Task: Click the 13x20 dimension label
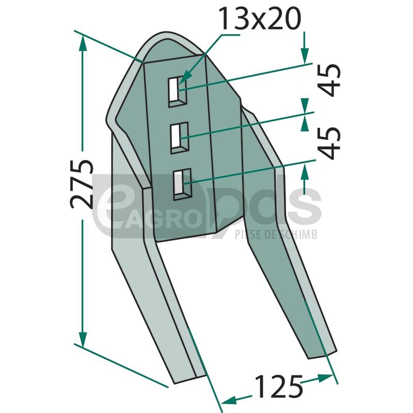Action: [x=260, y=19]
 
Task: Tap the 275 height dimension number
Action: [x=82, y=184]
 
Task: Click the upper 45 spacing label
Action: [x=329, y=80]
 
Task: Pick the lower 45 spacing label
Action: [x=329, y=144]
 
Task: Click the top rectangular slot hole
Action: [x=178, y=92]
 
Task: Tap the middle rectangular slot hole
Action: [x=180, y=138]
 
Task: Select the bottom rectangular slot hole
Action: [x=182, y=184]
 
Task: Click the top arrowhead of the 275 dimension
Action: [x=83, y=43]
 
